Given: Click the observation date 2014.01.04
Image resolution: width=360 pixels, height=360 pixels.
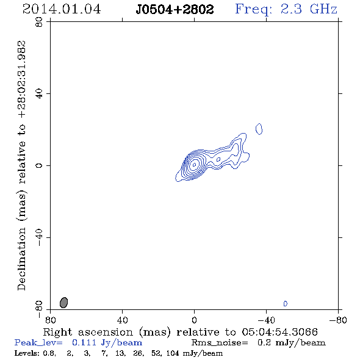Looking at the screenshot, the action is click(62, 9).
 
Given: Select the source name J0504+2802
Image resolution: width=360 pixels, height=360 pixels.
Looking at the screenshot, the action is click(175, 9).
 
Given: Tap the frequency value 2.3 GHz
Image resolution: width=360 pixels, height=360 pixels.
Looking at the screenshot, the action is click(309, 9).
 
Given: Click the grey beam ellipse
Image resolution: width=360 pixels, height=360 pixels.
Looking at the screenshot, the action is click(64, 303).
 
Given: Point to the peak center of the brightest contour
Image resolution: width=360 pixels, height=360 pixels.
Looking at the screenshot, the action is click(194, 165).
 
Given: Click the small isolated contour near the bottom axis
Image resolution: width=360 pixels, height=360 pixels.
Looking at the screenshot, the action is click(286, 303).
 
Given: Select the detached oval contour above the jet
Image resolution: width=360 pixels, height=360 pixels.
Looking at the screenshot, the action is click(259, 129).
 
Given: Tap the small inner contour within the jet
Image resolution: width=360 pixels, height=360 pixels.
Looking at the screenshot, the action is click(218, 159).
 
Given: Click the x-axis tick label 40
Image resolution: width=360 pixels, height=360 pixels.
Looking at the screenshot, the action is click(122, 320).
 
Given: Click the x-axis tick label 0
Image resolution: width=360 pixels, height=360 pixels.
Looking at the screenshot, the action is click(194, 320).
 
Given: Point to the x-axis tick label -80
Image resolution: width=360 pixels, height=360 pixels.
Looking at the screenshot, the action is click(338, 320).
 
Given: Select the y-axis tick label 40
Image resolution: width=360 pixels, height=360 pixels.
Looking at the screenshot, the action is click(39, 94).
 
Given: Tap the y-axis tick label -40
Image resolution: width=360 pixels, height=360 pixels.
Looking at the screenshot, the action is click(39, 237).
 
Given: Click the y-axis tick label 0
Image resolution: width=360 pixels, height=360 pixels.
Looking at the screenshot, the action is click(39, 165).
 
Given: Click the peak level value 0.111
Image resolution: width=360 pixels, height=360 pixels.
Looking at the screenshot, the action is click(84, 342).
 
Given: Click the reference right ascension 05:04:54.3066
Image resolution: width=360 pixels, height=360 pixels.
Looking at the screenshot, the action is click(279, 332).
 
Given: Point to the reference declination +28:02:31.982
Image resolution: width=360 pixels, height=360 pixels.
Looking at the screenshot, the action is click(22, 80).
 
